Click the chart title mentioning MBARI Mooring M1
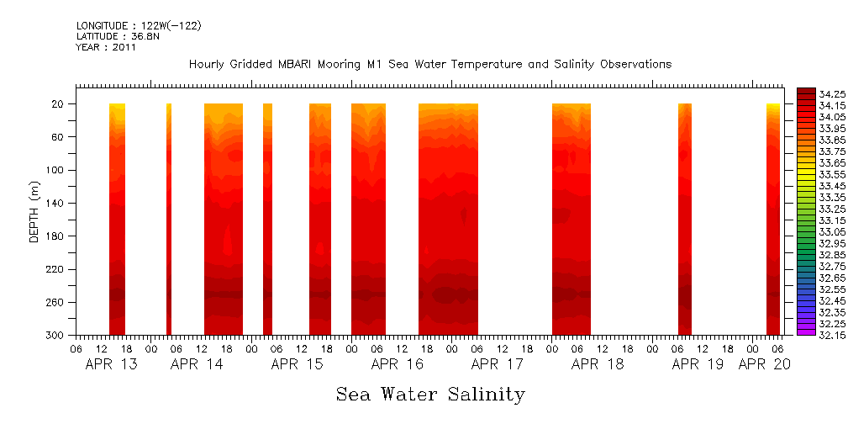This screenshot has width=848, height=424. (x=429, y=65)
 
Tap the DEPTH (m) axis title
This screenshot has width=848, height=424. (x=34, y=210)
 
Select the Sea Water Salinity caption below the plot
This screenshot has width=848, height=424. (x=430, y=394)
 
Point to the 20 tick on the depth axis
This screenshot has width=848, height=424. (x=59, y=104)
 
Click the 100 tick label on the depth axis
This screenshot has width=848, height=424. (x=56, y=170)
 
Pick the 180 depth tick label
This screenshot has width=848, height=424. (x=56, y=236)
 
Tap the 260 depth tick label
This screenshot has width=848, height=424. (x=56, y=302)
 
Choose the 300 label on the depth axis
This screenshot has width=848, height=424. (x=56, y=335)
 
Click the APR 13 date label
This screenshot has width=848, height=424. (x=112, y=364)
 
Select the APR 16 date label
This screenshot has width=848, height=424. (x=397, y=364)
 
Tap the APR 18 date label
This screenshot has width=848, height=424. (x=597, y=364)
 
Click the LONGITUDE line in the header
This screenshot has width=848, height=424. (x=139, y=26)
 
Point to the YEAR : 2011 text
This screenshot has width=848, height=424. (x=106, y=48)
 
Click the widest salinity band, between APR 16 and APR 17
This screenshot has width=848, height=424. (x=448, y=219)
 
